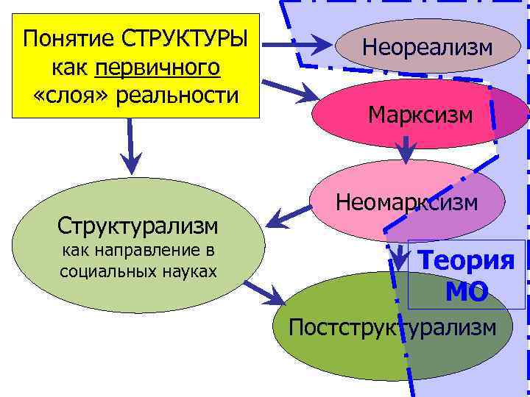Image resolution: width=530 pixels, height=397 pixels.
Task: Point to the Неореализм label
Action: tap(427, 49)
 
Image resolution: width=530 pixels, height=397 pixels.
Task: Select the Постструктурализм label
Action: tap(392, 326)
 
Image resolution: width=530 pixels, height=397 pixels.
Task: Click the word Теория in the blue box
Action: tap(466, 260)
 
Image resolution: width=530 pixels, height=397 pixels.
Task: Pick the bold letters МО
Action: tap(466, 293)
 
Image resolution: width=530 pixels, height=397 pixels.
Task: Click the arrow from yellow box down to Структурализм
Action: tap(130, 146)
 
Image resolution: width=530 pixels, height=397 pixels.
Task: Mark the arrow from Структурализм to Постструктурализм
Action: tap(264, 292)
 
